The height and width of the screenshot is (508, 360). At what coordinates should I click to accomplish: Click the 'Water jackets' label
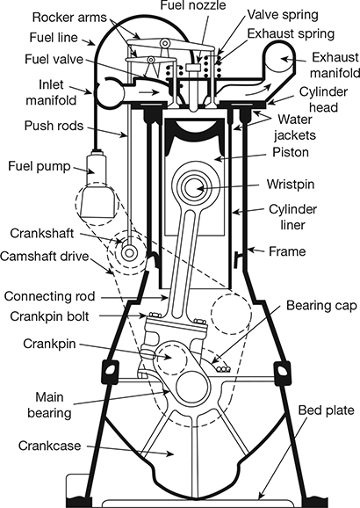[297, 125]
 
